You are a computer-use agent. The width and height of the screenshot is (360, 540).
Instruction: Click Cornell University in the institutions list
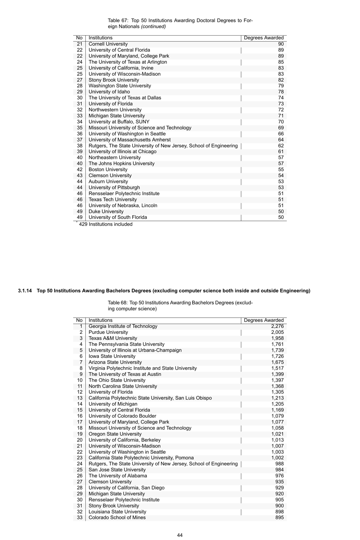[108, 44]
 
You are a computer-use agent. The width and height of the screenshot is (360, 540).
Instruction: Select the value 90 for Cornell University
[280, 44]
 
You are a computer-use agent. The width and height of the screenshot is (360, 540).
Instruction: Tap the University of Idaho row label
[109, 92]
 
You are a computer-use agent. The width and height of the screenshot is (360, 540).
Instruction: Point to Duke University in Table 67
[106, 211]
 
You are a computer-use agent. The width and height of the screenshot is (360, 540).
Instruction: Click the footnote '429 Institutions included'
[105, 224]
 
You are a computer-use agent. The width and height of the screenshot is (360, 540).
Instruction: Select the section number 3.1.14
[25, 291]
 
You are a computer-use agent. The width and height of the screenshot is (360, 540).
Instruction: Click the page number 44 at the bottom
[180, 535]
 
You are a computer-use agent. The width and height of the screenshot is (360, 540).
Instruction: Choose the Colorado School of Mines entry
[117, 518]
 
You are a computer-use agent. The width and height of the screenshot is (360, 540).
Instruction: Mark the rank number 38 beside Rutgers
[80, 146]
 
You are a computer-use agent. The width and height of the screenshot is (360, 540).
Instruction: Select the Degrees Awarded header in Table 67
[263, 38]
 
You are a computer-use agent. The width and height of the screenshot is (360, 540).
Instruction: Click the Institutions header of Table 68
[100, 320]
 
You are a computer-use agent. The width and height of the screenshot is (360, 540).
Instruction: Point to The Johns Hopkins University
[121, 164]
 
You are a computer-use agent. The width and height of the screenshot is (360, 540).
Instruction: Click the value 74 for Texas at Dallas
[280, 98]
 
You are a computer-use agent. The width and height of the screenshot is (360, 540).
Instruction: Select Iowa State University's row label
[112, 356]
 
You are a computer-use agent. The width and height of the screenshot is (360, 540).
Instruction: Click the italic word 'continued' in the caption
[153, 27]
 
